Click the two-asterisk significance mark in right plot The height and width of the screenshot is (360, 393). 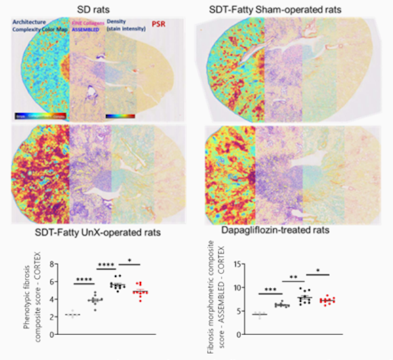point(293,280)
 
